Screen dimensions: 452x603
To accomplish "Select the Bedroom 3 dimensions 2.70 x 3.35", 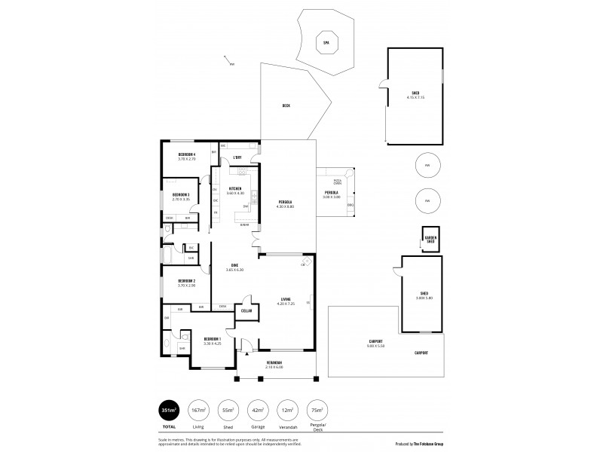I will tap(180, 200).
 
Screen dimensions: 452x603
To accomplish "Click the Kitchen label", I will tap(235, 188).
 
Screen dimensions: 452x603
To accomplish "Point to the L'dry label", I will tap(237, 157).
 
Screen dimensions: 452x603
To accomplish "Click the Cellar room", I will tap(246, 310).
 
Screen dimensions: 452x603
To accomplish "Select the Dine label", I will tap(234, 266).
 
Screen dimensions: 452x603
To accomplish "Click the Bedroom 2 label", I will tap(187, 280).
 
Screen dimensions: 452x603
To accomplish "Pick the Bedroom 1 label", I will tap(212, 339).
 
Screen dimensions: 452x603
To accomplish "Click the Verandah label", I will tap(274, 363).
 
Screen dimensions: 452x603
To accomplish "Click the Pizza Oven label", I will tap(338, 182).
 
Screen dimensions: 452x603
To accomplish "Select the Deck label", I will tap(286, 105).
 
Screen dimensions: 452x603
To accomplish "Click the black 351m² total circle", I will tap(169, 410).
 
